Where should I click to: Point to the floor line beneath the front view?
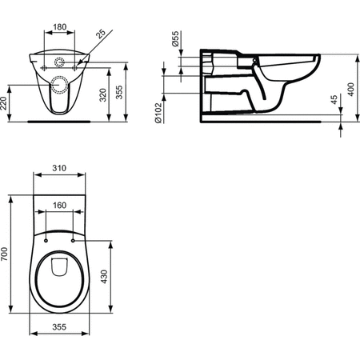coord(60,122)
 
